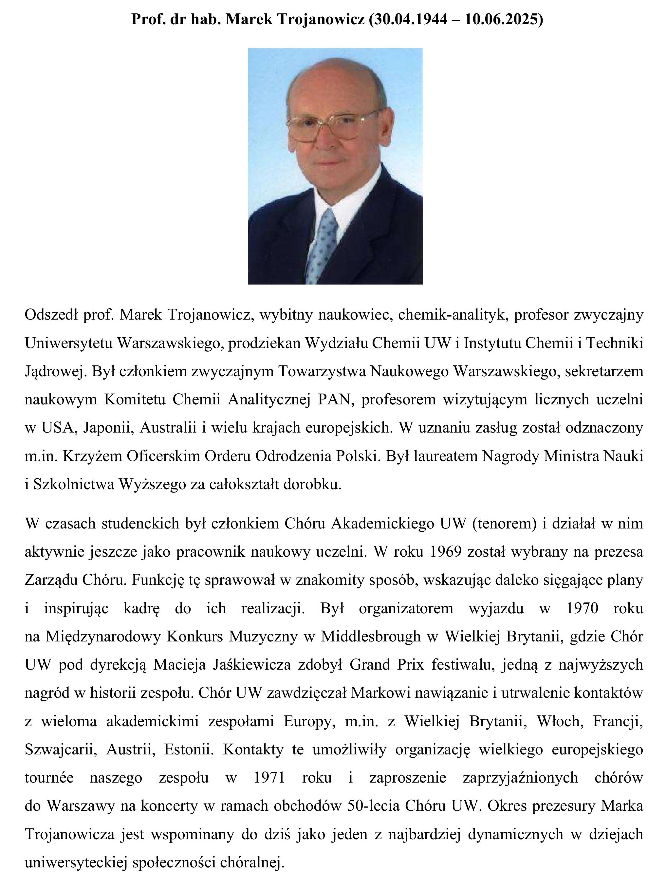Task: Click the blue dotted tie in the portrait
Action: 324,245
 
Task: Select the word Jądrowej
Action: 55,371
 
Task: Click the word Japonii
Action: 108,428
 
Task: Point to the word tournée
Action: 49,778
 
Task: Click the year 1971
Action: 269,778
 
